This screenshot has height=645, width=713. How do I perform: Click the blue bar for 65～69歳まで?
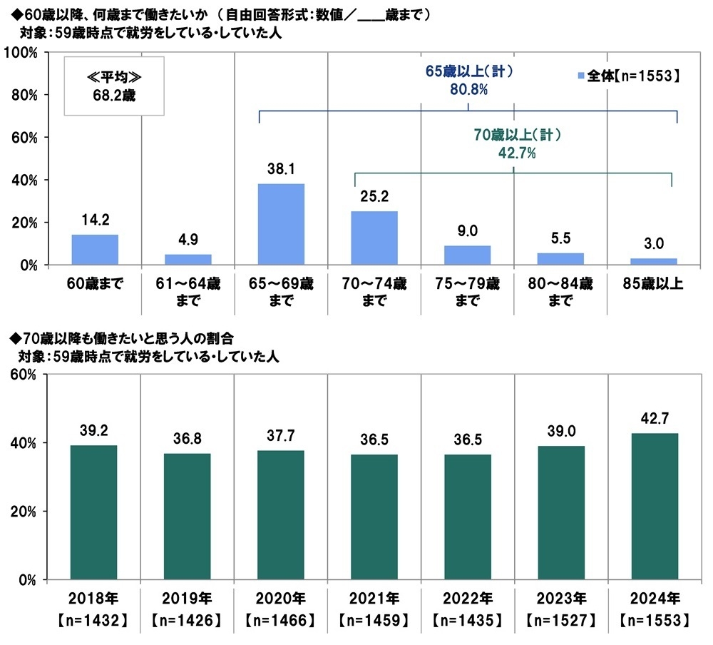(281, 224)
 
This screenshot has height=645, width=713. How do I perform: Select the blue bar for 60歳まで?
(95, 249)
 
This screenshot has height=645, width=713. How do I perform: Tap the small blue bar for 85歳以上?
(653, 261)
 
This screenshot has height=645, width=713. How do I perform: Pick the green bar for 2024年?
(653, 506)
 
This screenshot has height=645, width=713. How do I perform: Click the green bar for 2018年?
(94, 512)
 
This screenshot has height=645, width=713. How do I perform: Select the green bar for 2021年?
(374, 517)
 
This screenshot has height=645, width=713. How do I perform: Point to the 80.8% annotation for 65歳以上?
(468, 91)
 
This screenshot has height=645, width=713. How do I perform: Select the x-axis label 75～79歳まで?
(467, 292)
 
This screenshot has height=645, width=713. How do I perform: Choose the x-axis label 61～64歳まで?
(188, 292)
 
